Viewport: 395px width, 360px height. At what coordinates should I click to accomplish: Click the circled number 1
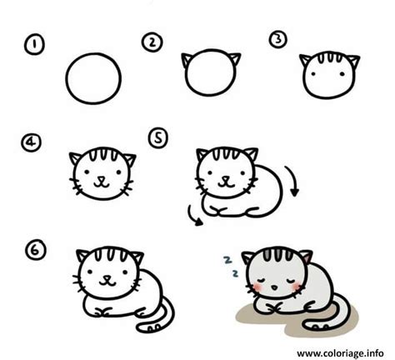34,45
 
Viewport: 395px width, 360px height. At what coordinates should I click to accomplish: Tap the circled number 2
152,42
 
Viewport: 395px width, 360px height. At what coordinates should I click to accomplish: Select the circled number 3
277,39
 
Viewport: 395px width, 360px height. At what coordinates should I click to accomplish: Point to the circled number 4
32,142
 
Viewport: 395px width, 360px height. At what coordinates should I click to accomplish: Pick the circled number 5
158,138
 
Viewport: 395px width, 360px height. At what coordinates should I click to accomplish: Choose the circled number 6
36,250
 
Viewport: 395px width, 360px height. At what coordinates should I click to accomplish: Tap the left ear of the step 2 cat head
187,60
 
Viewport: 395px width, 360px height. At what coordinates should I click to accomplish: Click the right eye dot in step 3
342,74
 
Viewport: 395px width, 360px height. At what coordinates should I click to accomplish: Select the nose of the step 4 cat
102,178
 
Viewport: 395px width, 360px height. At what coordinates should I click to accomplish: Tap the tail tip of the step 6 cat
139,328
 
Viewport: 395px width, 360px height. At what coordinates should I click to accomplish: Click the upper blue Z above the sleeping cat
227,260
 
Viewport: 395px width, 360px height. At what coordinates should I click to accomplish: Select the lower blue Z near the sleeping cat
235,273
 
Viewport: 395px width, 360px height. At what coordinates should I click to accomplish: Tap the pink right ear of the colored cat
307,257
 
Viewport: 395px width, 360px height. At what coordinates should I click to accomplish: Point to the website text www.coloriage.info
340,353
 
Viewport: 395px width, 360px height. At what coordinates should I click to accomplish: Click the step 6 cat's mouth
107,282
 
